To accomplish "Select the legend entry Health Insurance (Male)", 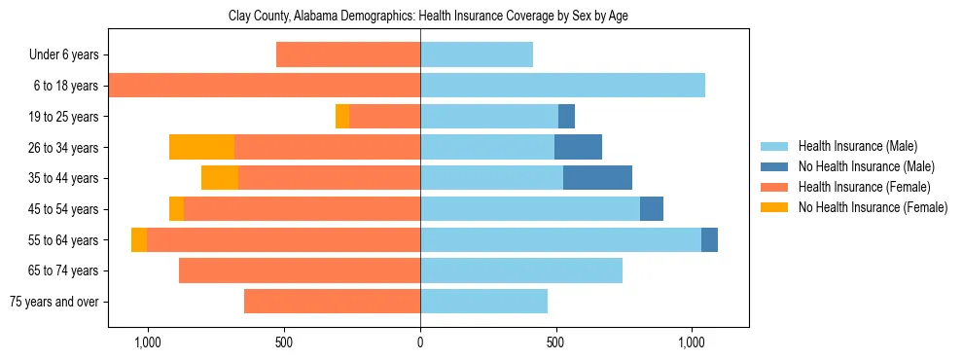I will pyautogui.click(x=857, y=146).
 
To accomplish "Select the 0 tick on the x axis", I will pyautogui.click(x=420, y=343).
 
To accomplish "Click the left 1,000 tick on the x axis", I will pyautogui.click(x=148, y=343).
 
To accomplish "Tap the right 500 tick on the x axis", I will pyautogui.click(x=555, y=343).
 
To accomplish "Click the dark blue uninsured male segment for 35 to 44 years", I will pyautogui.click(x=597, y=178).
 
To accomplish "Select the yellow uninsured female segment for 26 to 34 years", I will pyautogui.click(x=201, y=147).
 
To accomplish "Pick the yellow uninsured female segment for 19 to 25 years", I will pyautogui.click(x=342, y=117).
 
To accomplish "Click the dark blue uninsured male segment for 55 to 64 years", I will pyautogui.click(x=709, y=239).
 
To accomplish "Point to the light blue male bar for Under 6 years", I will pyautogui.click(x=477, y=55).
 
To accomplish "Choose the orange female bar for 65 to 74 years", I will pyautogui.click(x=300, y=270).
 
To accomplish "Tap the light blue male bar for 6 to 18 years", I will pyautogui.click(x=562, y=86).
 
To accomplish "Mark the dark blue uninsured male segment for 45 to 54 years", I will pyautogui.click(x=652, y=209).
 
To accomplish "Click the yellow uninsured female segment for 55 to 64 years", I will pyautogui.click(x=139, y=239).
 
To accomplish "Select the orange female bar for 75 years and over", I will pyautogui.click(x=332, y=302).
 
